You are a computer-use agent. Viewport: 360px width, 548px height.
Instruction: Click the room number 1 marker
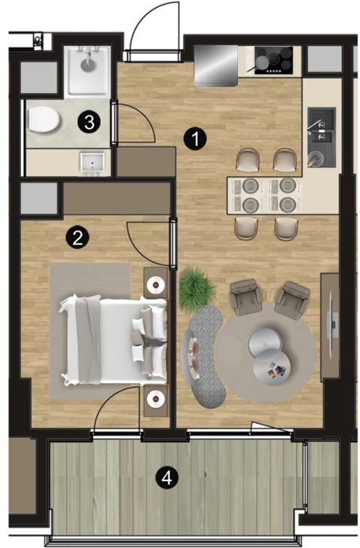[x=195, y=139]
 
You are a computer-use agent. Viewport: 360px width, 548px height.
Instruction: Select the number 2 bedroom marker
[x=78, y=237]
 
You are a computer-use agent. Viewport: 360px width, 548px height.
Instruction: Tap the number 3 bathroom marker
[x=89, y=122]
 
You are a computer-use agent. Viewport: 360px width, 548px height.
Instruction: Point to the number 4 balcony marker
[x=166, y=477]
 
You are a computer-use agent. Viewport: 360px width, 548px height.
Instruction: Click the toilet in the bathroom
[x=42, y=120]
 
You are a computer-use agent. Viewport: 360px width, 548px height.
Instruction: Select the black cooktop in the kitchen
[x=273, y=60]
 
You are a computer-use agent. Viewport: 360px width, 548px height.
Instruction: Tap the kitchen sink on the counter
[x=322, y=137]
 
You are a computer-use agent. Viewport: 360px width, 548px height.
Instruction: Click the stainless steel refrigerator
[x=215, y=65]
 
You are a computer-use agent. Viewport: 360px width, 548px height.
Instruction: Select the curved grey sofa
[x=204, y=357]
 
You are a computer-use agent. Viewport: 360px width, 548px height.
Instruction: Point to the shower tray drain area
[x=87, y=65]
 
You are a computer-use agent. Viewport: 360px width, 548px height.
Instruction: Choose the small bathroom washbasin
[x=93, y=163]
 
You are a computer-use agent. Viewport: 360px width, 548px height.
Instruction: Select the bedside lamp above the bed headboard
[x=156, y=285]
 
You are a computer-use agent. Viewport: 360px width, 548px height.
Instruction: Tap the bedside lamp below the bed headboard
[x=156, y=399]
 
